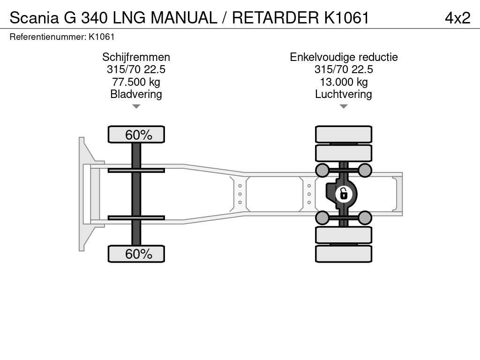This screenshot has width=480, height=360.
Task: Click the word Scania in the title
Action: [34, 18]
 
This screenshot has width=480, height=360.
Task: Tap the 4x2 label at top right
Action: [457, 18]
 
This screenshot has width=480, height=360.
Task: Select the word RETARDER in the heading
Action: [275, 18]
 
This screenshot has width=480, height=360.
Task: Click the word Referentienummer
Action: [48, 37]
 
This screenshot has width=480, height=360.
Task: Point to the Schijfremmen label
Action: [136, 57]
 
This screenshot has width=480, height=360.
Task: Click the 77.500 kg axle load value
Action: [136, 82]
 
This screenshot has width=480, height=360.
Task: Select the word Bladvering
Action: [136, 94]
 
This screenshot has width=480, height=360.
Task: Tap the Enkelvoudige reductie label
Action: [344, 57]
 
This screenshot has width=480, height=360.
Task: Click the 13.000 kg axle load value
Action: [344, 82]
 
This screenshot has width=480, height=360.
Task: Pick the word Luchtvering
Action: [344, 94]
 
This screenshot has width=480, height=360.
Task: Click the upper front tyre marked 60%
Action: [136, 135]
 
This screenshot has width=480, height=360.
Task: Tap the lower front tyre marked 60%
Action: [136, 254]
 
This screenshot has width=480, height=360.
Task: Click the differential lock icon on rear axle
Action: [344, 194]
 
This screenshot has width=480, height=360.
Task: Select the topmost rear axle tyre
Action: [344, 135]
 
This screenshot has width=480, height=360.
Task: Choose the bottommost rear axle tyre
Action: [344, 254]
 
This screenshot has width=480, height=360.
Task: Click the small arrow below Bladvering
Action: [136, 106]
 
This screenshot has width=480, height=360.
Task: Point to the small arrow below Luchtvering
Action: [344, 106]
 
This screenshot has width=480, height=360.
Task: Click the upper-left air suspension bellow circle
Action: [322, 170]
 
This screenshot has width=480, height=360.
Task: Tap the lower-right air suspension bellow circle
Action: [365, 217]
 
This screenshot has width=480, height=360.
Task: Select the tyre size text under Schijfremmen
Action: [136, 69]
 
